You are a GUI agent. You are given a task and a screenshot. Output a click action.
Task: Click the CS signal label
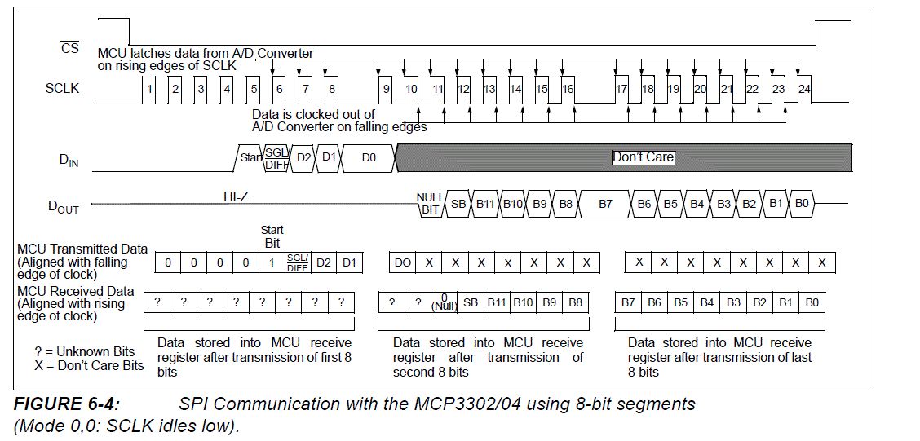(70, 48)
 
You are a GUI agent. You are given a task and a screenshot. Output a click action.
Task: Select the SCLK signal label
(62, 87)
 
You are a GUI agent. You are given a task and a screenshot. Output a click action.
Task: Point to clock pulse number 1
(149, 88)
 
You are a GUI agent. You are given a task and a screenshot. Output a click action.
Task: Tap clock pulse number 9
(386, 88)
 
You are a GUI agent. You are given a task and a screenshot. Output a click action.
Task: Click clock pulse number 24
(805, 88)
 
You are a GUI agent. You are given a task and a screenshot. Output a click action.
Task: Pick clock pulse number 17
(621, 88)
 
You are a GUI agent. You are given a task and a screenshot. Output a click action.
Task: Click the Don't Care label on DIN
(643, 157)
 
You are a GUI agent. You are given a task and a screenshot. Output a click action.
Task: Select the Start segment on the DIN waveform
(250, 157)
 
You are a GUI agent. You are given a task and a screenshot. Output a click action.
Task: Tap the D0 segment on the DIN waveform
(369, 157)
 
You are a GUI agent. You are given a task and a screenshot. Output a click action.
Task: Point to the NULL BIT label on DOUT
(430, 204)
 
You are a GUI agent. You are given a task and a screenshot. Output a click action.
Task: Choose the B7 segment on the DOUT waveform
(605, 204)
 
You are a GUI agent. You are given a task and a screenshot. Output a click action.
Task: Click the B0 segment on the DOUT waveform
(802, 204)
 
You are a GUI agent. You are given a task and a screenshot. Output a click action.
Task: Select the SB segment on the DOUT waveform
(458, 204)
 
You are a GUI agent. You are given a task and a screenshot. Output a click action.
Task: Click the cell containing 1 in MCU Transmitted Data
(272, 262)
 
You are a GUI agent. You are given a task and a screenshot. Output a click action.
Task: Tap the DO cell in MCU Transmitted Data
(403, 262)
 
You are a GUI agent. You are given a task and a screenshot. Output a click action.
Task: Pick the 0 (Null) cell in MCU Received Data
(445, 302)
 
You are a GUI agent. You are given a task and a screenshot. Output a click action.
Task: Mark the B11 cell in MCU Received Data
(497, 302)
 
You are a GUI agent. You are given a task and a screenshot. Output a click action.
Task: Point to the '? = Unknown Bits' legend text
(85, 351)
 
